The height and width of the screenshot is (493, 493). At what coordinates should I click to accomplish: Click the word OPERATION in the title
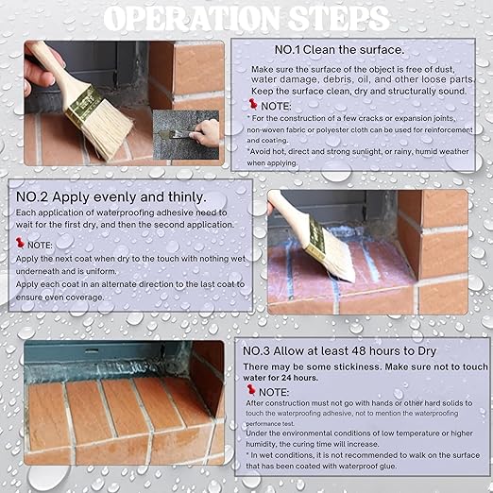192,19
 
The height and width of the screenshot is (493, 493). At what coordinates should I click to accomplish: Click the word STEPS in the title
339,19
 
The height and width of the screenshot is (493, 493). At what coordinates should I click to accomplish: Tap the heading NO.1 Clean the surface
339,50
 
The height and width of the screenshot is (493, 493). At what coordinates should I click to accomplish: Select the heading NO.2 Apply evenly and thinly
111,197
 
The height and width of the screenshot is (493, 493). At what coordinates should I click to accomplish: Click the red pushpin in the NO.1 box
253,104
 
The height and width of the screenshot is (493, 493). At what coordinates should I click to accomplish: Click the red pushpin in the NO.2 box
20,243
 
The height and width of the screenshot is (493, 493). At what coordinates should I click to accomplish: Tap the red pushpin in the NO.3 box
251,390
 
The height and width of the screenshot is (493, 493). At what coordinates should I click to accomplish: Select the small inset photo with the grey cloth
186,135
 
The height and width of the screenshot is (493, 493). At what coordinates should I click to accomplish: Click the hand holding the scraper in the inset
205,133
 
